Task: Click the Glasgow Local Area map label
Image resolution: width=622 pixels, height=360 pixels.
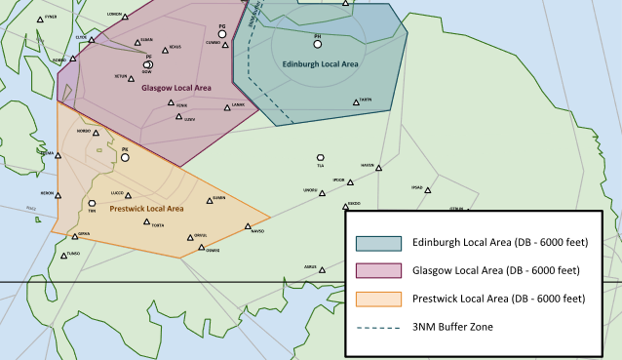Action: pos(176,88)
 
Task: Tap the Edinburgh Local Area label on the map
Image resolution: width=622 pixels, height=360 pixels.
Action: pos(320,63)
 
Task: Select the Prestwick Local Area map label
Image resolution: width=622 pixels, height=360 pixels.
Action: pos(146,208)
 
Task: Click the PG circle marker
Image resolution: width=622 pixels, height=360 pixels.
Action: pos(222,34)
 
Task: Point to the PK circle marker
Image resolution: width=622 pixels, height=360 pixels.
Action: pos(125,157)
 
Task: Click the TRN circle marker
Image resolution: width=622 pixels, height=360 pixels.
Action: pos(92,203)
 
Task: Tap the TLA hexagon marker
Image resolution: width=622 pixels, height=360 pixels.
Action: pos(320,157)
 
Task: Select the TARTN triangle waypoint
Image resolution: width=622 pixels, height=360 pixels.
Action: pos(357,100)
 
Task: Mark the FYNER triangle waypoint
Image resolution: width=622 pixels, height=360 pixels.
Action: pos(40,20)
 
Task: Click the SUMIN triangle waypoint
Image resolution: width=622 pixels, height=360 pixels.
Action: pos(210,201)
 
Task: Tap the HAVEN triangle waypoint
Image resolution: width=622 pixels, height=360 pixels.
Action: pos(378,168)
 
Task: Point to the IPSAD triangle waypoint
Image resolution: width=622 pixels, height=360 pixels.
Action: pos(427,190)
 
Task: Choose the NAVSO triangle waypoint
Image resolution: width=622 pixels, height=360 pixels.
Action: pos(247,227)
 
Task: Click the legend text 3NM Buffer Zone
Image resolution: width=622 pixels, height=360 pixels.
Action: pos(461,327)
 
